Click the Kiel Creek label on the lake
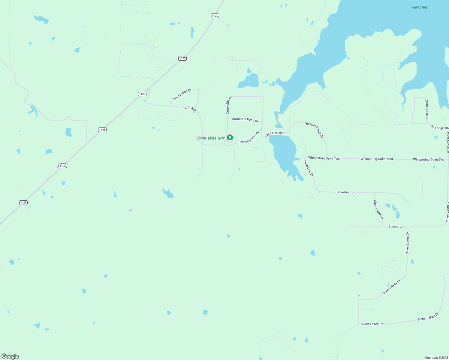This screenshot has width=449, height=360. (x=419, y=7)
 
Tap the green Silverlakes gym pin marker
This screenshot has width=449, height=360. (x=230, y=138)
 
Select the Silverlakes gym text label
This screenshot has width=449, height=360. (x=210, y=138)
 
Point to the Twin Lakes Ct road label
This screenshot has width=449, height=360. (x=182, y=94)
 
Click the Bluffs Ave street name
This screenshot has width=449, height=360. (x=189, y=108)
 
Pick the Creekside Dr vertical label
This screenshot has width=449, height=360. (x=229, y=105)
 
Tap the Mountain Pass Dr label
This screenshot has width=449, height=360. (x=245, y=119)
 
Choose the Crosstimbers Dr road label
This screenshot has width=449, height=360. (x=249, y=137)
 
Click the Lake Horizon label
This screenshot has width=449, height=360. (x=274, y=133)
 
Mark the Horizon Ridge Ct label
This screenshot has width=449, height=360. (x=314, y=130)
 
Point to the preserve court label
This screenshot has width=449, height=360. (x=427, y=110)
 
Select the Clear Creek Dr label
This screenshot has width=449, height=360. (x=378, y=209)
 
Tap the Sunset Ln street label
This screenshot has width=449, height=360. (x=396, y=226)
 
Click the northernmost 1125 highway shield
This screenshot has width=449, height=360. (x=215, y=16)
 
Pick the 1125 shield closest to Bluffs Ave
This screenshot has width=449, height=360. (x=142, y=94)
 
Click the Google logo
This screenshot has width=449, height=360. (x=10, y=356)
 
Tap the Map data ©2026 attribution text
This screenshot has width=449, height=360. (x=436, y=358)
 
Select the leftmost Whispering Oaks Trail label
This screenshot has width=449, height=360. (x=324, y=158)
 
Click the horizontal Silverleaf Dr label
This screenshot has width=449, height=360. (x=346, y=192)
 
